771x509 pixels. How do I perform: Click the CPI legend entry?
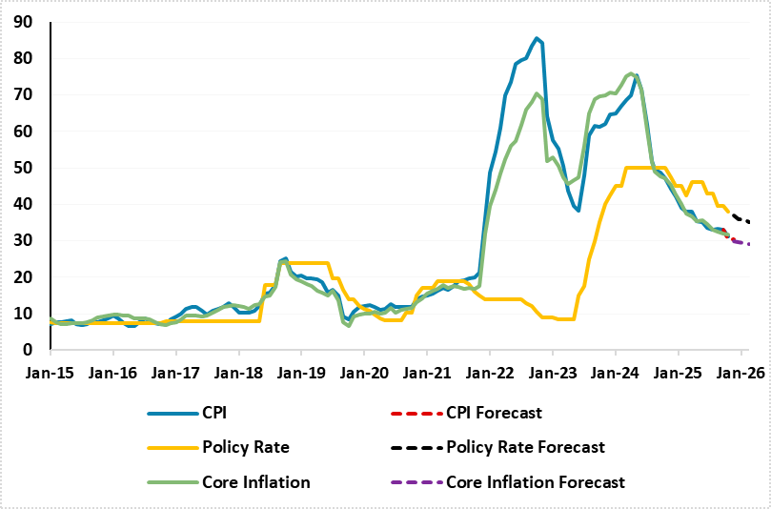click(x=213, y=413)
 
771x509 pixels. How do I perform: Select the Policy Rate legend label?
click(x=244, y=447)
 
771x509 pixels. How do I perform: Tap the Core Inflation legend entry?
click(x=255, y=482)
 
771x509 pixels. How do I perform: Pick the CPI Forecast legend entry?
click(x=494, y=413)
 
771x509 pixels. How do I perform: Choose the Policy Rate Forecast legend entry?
click(x=525, y=447)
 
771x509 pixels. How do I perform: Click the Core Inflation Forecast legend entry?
click(x=536, y=482)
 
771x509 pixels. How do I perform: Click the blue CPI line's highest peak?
click(x=538, y=38)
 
